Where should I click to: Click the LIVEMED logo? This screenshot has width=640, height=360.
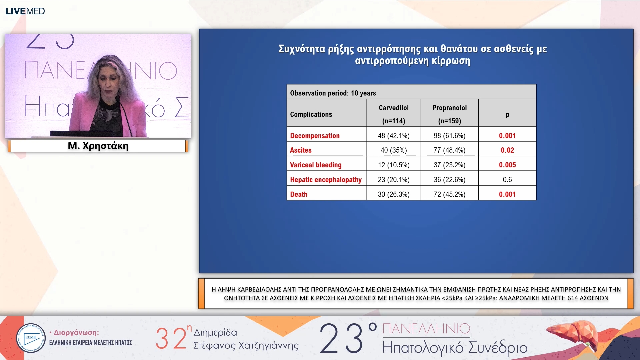(x=25, y=11)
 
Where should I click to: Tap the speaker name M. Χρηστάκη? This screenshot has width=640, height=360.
(x=98, y=146)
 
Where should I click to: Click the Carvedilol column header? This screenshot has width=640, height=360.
(x=393, y=108)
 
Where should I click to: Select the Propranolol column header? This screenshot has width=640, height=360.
(x=449, y=108)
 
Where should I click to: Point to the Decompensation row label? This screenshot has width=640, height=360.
(x=315, y=136)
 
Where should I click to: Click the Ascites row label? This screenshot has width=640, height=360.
(x=301, y=150)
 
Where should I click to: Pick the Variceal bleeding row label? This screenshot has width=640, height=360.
(x=316, y=165)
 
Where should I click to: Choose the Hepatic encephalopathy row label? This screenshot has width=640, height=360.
(x=326, y=180)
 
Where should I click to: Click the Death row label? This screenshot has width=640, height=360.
(x=299, y=194)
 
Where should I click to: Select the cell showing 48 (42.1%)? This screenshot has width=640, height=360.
(x=393, y=136)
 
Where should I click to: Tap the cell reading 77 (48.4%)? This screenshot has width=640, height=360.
(x=449, y=150)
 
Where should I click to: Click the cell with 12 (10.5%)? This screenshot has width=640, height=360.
(x=393, y=165)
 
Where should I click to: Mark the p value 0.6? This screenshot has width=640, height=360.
(x=507, y=180)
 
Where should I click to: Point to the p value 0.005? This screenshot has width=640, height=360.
(x=507, y=165)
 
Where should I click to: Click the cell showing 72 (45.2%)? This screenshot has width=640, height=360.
(x=449, y=194)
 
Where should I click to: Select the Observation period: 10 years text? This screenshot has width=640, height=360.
(x=333, y=93)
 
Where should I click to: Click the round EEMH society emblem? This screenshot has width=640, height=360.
(x=31, y=338)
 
